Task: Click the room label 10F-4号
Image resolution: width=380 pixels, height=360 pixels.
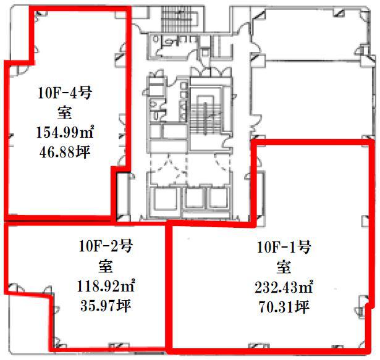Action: click(65, 93)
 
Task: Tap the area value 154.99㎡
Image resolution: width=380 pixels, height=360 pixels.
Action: click(65, 132)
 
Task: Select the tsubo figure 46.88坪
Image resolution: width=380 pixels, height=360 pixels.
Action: click(65, 152)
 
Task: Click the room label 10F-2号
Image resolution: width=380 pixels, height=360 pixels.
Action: click(106, 246)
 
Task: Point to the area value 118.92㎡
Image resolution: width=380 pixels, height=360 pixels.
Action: click(106, 286)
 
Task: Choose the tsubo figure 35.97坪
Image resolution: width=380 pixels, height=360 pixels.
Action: click(106, 306)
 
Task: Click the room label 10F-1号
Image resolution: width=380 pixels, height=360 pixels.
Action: click(284, 248)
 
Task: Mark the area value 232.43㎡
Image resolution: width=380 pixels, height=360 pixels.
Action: click(284, 287)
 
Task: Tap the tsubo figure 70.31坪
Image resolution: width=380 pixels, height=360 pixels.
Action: click(284, 307)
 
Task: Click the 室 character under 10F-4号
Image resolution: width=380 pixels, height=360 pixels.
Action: click(64, 112)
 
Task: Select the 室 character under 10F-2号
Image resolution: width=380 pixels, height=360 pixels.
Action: click(106, 266)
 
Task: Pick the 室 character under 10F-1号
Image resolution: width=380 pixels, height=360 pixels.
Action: click(284, 267)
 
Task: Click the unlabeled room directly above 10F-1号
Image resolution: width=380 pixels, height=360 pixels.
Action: click(311, 99)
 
